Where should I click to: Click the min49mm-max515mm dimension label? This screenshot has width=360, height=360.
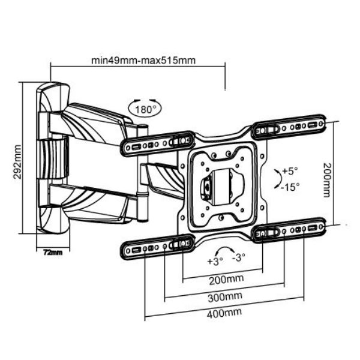[x=143, y=60]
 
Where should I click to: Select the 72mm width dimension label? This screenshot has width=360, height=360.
[x=53, y=251]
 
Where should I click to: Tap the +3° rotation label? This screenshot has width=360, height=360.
[x=214, y=262]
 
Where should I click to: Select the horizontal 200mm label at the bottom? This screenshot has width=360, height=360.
[x=222, y=280]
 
